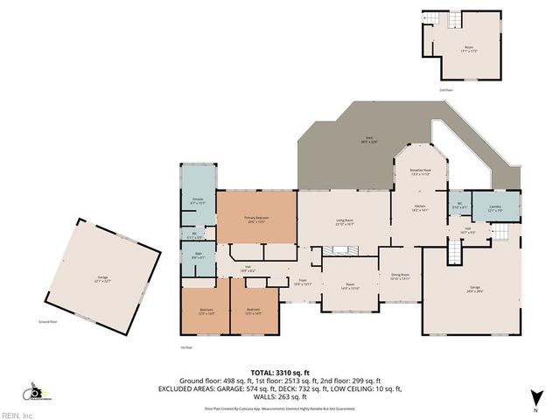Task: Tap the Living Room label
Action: tap(345, 222)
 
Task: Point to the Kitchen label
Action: tap(419, 209)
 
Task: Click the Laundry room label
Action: tap(494, 209)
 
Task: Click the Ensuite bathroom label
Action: tap(199, 200)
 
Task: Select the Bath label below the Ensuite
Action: tap(199, 255)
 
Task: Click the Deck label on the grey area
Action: tap(370, 138)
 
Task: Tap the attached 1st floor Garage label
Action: tap(474, 290)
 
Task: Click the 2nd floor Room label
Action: tap(469, 49)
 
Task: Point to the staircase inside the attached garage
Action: tap(454, 254)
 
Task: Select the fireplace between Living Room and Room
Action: tap(339, 251)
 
